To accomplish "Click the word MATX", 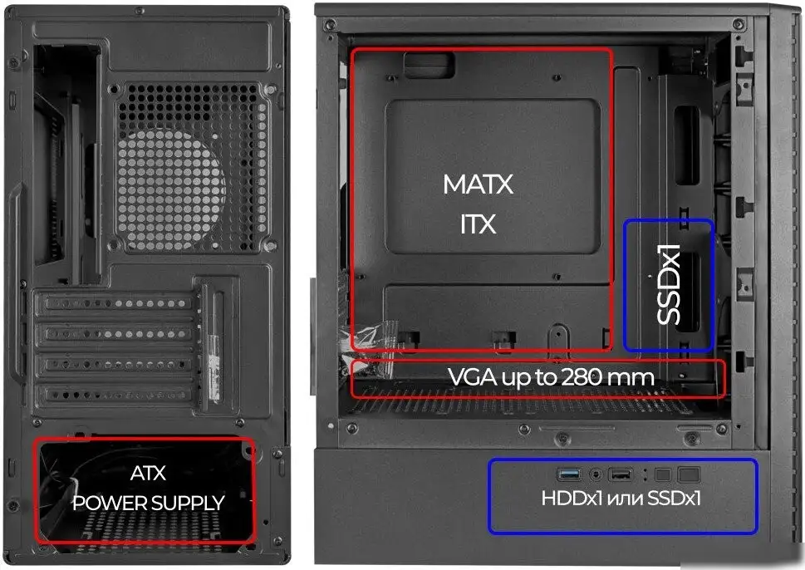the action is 478,184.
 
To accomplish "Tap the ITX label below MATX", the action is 478,224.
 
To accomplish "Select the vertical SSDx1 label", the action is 669,284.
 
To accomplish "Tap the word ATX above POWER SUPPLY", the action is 148,473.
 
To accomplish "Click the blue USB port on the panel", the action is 569,474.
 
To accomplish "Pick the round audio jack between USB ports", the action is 595,474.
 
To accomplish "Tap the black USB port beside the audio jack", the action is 621,474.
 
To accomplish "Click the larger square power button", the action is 689,474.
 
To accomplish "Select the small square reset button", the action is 663,474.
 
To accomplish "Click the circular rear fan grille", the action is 171,189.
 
